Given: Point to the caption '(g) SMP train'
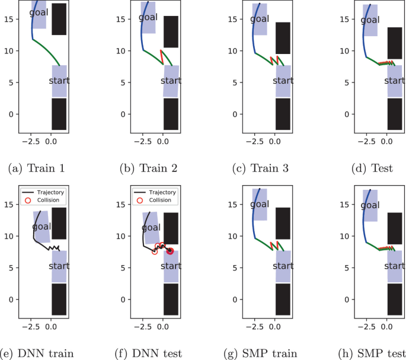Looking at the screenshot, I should click(x=265, y=353).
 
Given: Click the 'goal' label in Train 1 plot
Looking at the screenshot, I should click(x=40, y=13).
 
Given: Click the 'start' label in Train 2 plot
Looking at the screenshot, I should click(x=171, y=81).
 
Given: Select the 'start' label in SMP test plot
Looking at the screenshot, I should click(x=395, y=266).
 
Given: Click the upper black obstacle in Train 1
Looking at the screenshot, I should click(x=59, y=19).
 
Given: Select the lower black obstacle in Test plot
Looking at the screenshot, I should click(x=395, y=114).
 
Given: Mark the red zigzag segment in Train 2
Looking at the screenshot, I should click(x=162, y=57).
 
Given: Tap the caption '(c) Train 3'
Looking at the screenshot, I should click(x=265, y=168).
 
